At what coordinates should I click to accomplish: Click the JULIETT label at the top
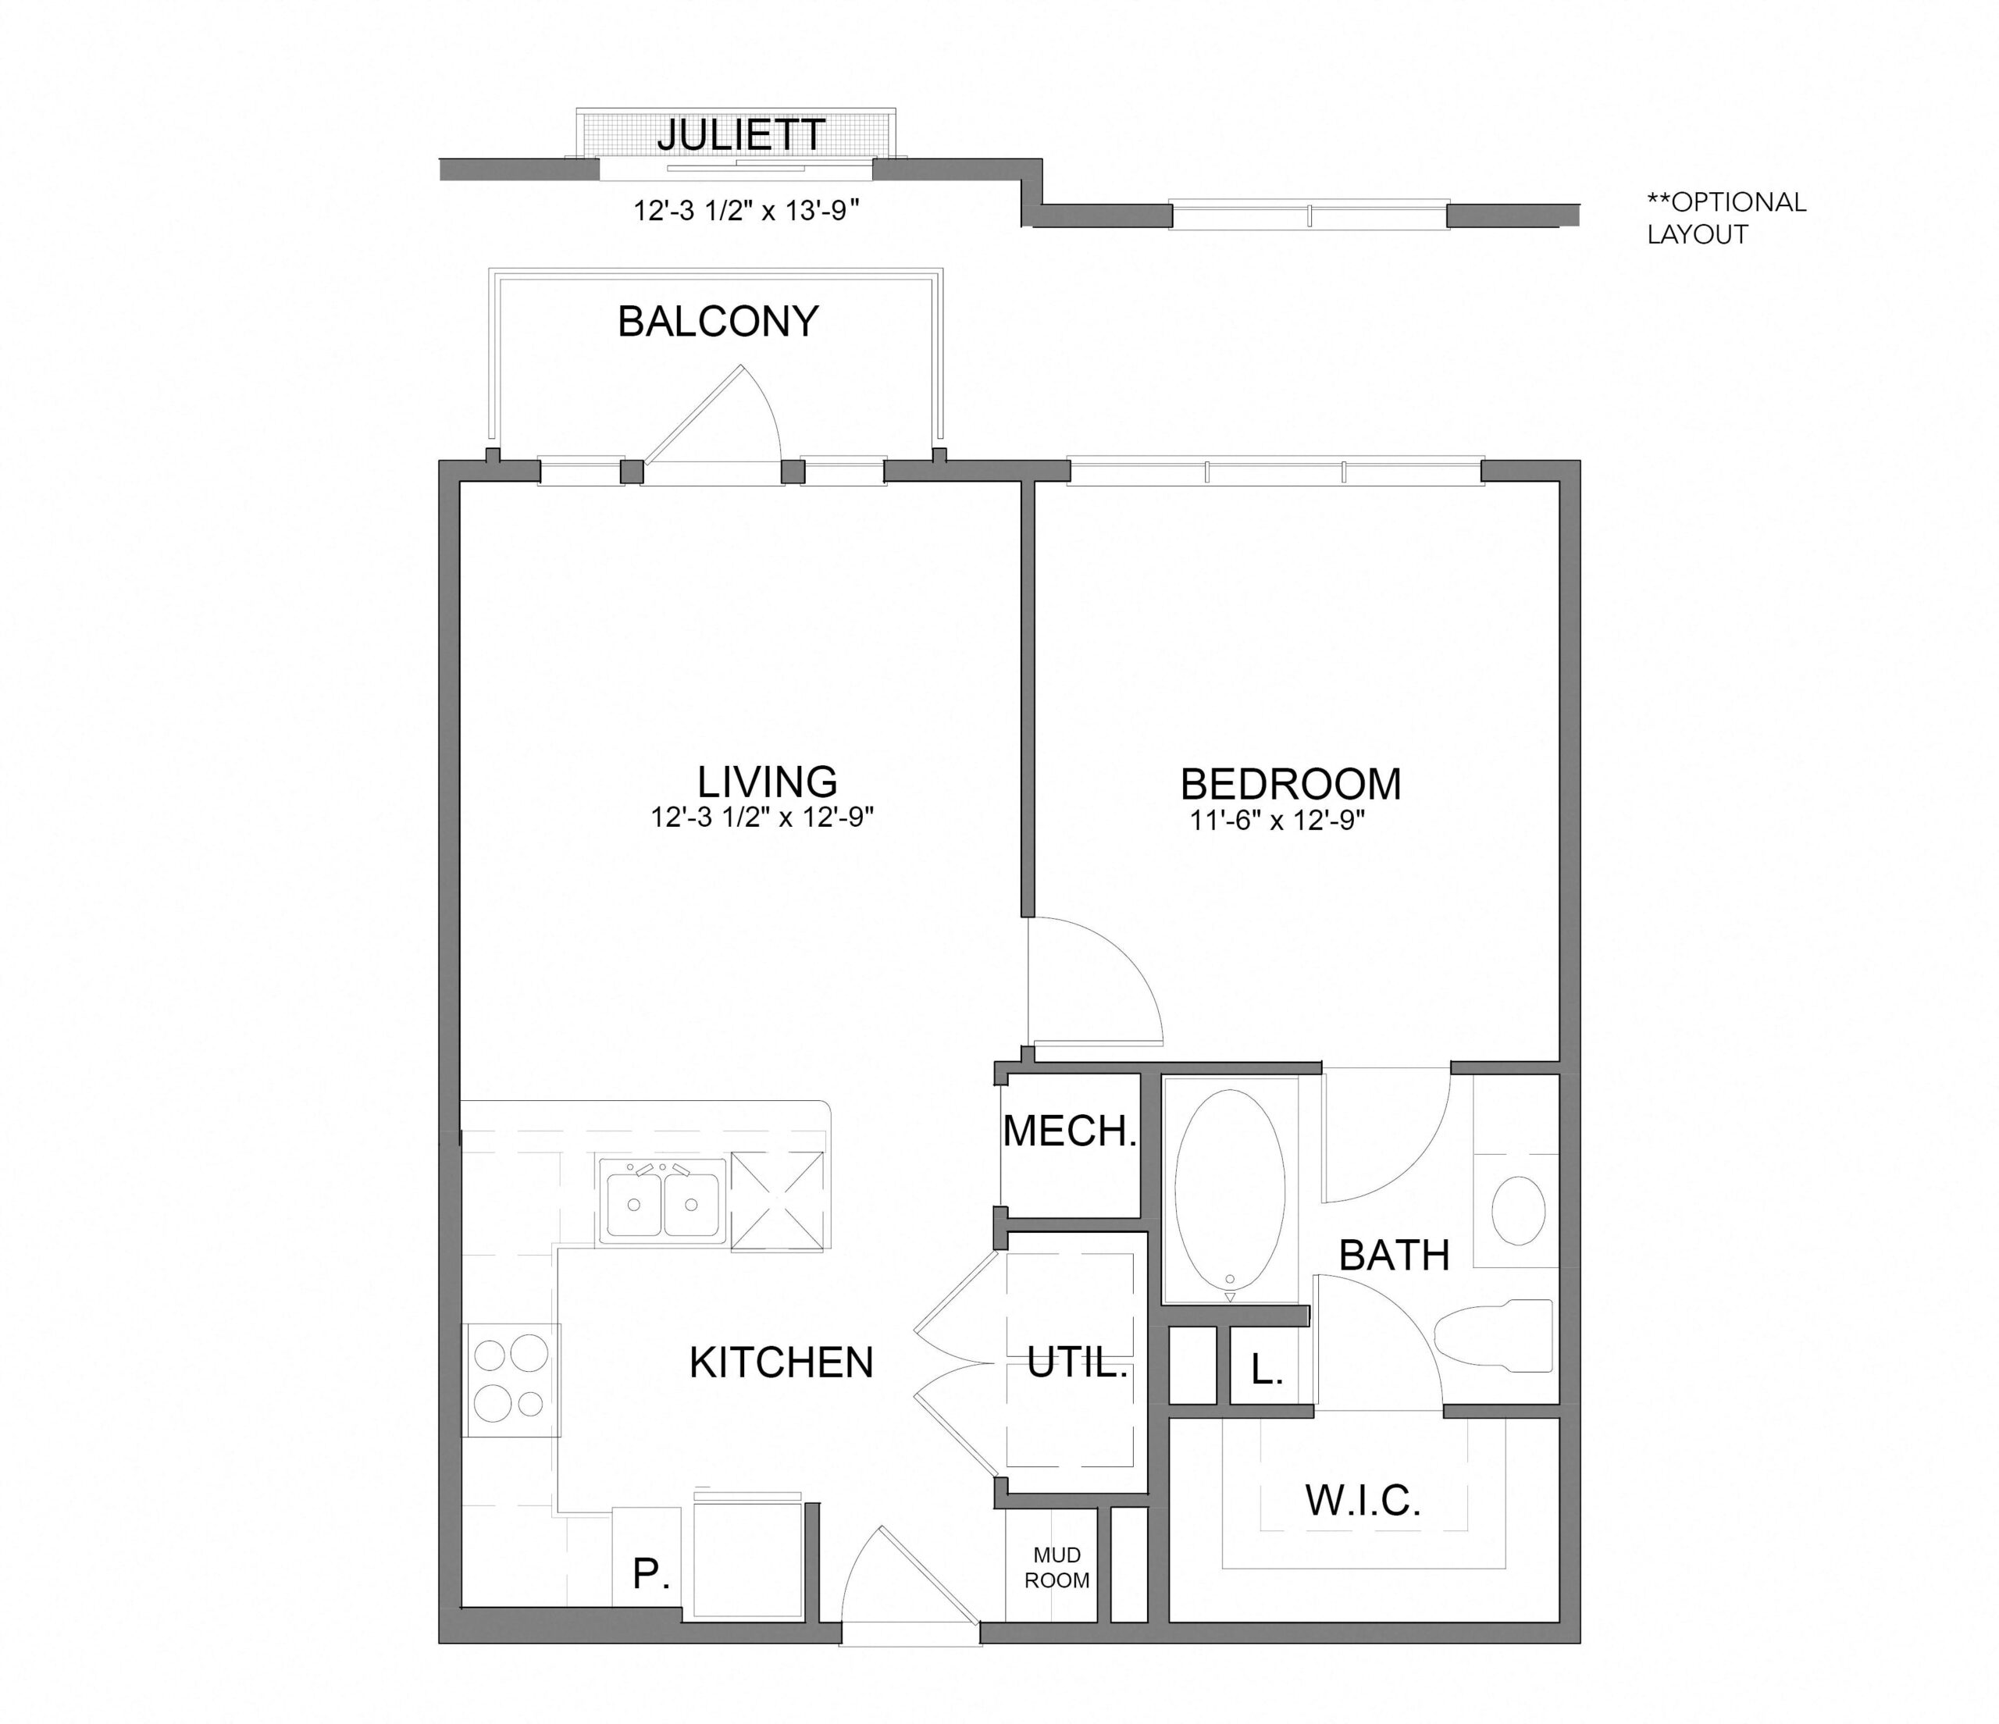point(741,136)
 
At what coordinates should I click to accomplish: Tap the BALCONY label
point(718,321)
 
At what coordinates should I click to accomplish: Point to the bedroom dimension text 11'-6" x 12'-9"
point(1277,821)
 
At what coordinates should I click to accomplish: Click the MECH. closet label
point(1070,1131)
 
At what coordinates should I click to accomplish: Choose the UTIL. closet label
point(1077,1363)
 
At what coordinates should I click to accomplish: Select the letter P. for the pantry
point(651,1574)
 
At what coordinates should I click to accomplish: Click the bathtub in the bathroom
point(1230,1188)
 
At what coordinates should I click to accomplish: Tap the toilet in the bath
point(1495,1335)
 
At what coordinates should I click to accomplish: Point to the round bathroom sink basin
point(1519,1209)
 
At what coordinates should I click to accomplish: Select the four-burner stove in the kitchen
point(511,1380)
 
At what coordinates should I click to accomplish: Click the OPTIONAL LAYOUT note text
point(1726,218)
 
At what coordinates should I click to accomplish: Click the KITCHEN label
point(781,1362)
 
